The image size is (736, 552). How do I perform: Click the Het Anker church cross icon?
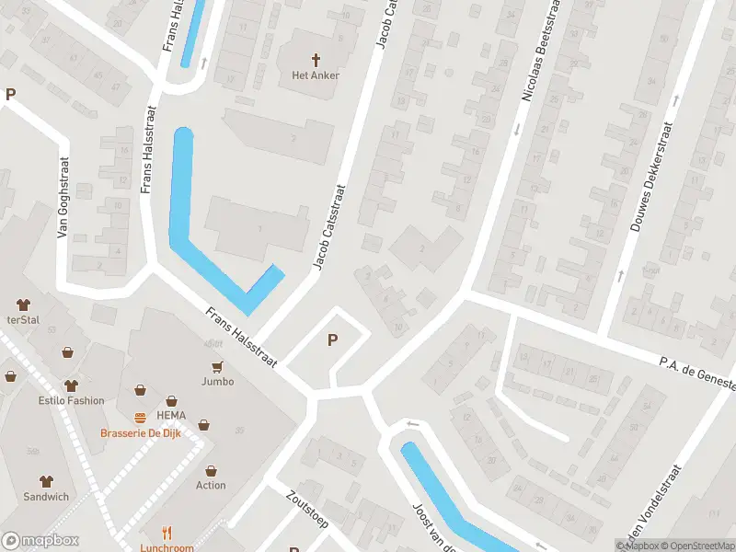pos(316,60)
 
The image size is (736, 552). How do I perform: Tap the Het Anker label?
pos(316,75)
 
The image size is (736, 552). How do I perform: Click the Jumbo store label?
pos(217,381)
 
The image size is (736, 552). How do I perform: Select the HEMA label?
pos(171,402)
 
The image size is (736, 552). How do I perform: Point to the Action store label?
pos(211,485)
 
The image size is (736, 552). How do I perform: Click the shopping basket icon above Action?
pos(211,470)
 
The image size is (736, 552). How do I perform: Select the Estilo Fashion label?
pos(71,400)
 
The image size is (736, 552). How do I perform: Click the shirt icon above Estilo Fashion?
pos(71,385)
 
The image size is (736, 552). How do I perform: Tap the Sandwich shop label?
pos(46,497)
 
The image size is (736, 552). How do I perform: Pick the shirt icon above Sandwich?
pos(46,481)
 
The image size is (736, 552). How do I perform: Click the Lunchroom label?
pos(167,547)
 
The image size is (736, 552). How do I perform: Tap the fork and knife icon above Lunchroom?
pos(167,533)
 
